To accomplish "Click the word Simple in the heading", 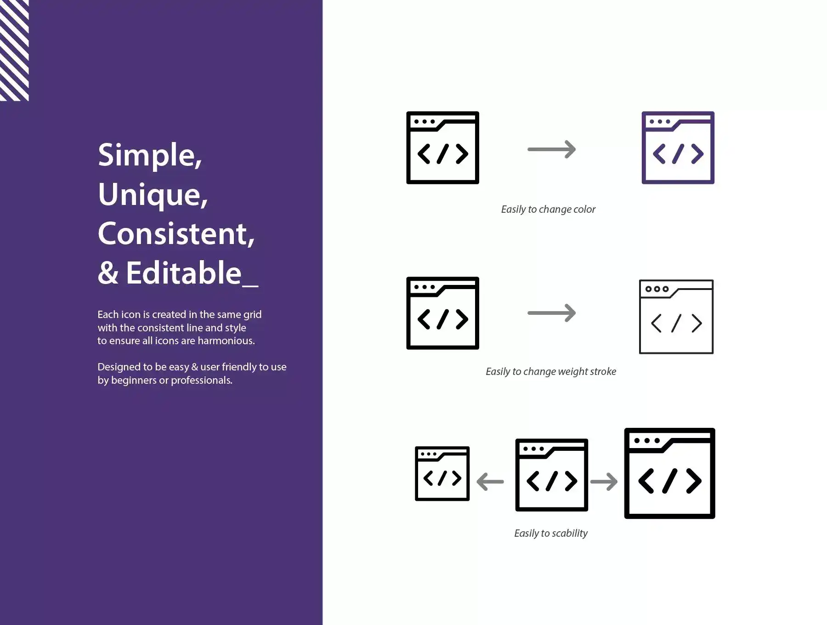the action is pyautogui.click(x=150, y=155).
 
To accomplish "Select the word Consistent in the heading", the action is pyautogui.click(x=176, y=234).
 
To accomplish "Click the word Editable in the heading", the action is pyautogui.click(x=184, y=273).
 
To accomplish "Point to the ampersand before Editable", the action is pyautogui.click(x=108, y=273).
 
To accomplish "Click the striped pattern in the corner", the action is pyautogui.click(x=14, y=50).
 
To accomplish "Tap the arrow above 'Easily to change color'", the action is pyautogui.click(x=551, y=149).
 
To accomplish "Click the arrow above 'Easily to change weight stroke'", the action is pyautogui.click(x=551, y=313).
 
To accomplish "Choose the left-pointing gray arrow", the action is pyautogui.click(x=490, y=482).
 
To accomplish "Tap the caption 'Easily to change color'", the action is pyautogui.click(x=548, y=210).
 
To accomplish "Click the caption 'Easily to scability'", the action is pyautogui.click(x=551, y=534).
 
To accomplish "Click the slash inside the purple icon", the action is pyautogui.click(x=678, y=154).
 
